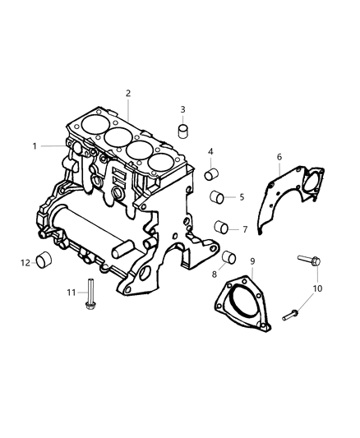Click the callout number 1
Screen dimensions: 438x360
click(35, 145)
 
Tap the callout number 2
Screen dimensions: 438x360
click(128, 94)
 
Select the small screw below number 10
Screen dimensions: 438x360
click(292, 313)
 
